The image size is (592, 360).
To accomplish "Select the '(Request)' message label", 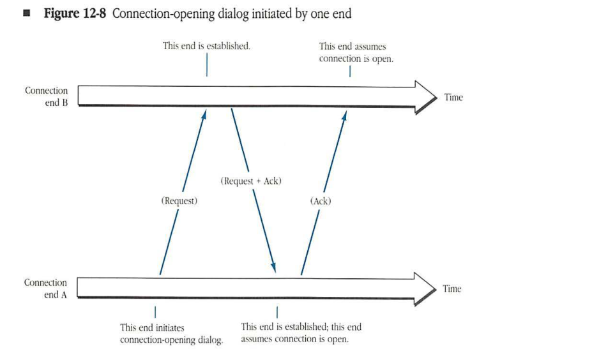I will pos(179,200).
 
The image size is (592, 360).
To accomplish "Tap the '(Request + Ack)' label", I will pos(251,181).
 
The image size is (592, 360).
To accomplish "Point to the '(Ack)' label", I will pos(321,201).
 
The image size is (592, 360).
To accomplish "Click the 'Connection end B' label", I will pos(47,96).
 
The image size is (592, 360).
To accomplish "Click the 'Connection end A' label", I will pos(46,289).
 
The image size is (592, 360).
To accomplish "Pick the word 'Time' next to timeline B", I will pos(453,97).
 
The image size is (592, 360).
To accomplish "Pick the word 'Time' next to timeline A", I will pos(452,289).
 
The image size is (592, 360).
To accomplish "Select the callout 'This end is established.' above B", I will pos(206,46).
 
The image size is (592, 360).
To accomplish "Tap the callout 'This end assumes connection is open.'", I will pos(356,52).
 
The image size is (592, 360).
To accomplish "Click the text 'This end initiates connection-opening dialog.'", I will pos(171,333).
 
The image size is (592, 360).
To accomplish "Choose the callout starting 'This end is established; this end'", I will pos(301,333).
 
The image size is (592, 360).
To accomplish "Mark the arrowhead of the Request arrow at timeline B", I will pos(204,114).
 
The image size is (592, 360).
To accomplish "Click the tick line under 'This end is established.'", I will pos(207,64).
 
